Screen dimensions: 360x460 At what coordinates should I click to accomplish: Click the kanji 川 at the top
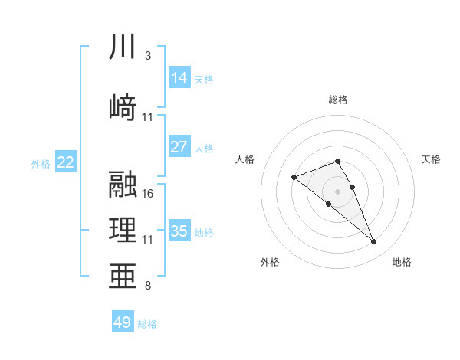pos(123,47)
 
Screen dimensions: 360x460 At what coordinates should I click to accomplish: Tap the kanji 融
pos(123,185)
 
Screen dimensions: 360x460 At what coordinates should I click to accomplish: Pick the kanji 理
pos(123,231)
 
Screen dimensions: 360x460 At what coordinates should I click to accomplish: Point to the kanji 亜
pos(123,277)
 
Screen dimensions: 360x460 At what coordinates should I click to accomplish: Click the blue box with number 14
pos(179,78)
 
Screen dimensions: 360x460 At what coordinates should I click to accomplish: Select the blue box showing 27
pos(179,147)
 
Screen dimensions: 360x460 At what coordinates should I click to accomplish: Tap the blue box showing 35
pos(179,231)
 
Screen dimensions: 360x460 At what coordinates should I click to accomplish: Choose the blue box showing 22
pos(66,162)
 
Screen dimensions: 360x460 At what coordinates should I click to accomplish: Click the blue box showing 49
pos(123,322)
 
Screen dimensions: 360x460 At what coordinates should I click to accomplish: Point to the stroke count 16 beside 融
pos(148,194)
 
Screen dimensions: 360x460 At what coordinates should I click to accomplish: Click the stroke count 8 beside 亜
pos(148,286)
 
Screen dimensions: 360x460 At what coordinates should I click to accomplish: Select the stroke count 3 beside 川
pos(148,56)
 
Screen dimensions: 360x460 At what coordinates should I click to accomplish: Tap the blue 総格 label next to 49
pos(147,324)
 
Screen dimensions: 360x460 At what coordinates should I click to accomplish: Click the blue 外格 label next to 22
pos(41,163)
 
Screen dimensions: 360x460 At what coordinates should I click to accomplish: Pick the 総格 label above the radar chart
pos(338,100)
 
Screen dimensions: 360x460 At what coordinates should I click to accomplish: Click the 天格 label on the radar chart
pos(432,159)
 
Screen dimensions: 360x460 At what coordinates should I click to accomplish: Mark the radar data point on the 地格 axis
pos(374,242)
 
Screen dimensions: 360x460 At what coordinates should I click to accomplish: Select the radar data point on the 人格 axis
pos(294,178)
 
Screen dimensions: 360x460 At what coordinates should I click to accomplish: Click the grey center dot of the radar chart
pos(338,191)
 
